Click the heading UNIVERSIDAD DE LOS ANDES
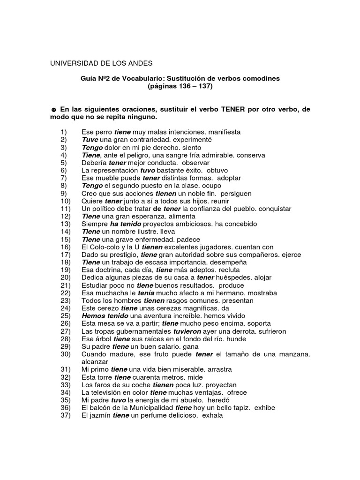click(x=101, y=63)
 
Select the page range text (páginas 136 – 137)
click(x=180, y=87)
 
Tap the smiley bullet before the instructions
click(x=53, y=109)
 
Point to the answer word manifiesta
click(x=225, y=132)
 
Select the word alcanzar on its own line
click(x=95, y=362)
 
